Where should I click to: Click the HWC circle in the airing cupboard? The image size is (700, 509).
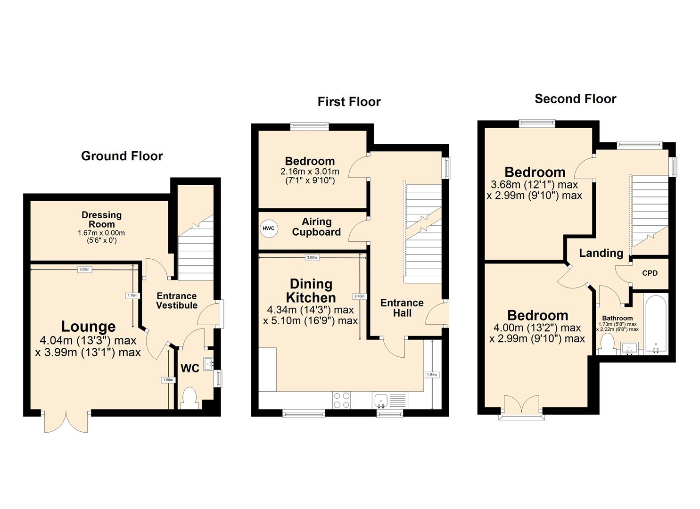[268, 229]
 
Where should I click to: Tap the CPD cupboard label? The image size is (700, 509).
[650, 273]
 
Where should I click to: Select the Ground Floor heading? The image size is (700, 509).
[122, 156]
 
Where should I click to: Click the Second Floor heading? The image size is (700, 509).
[575, 99]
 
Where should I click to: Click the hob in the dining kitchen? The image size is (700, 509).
[342, 400]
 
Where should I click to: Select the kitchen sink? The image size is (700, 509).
[381, 400]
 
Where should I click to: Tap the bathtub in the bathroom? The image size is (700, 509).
[655, 324]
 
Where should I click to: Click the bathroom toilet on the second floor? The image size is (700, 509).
[607, 347]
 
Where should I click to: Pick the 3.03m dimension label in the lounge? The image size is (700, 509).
[84, 270]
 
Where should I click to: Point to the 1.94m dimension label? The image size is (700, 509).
[432, 375]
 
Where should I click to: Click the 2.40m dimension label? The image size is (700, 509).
[359, 296]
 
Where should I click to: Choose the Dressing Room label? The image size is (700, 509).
[101, 220]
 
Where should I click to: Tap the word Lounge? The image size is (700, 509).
[88, 327]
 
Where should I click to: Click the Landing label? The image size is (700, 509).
[601, 253]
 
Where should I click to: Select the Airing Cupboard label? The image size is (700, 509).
[316, 227]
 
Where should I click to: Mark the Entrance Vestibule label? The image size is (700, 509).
[177, 301]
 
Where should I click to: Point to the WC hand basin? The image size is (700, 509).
[209, 364]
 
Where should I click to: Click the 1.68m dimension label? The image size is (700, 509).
[168, 380]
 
